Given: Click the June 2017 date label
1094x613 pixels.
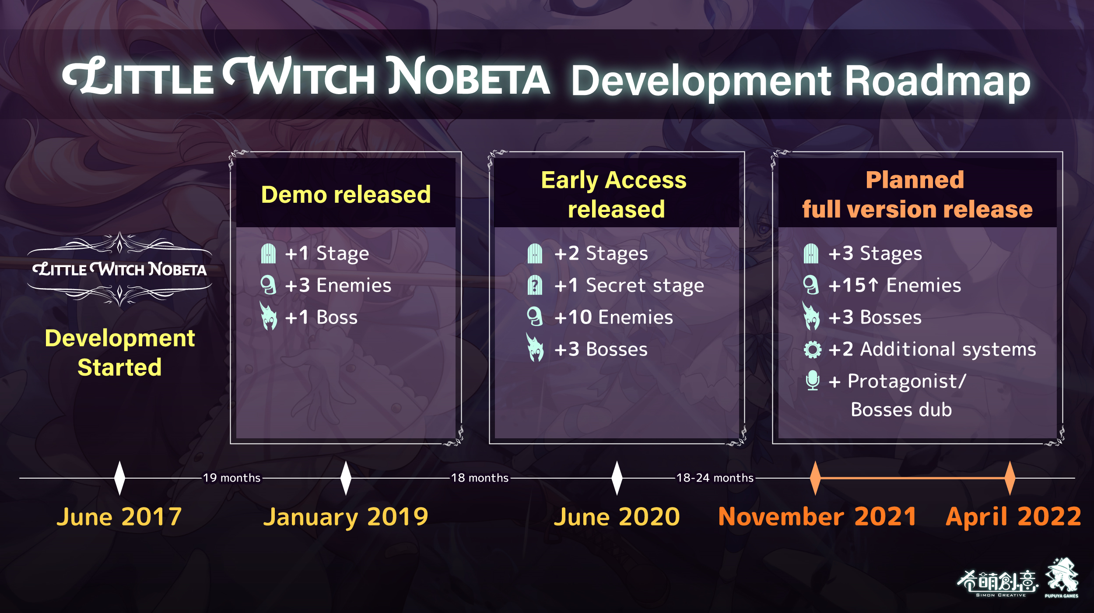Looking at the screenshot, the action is tap(119, 517).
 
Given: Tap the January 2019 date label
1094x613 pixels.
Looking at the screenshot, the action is tap(346, 518).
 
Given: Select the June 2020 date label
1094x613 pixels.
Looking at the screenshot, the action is tap(617, 517).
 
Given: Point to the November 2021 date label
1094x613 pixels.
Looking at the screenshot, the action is tap(817, 517).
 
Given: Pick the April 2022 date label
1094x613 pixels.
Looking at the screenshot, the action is tap(1013, 518).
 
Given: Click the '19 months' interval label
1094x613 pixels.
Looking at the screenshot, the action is tap(232, 478).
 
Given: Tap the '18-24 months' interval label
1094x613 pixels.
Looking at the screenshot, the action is tap(715, 478).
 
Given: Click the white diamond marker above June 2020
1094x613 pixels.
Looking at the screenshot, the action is tap(617, 478).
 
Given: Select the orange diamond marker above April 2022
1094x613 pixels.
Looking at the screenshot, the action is tap(1010, 478).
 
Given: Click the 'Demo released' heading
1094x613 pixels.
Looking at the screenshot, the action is tap(346, 194).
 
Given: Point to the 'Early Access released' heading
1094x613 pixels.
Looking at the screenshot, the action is tap(614, 194).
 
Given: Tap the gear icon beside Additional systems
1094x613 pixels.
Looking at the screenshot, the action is tap(813, 349).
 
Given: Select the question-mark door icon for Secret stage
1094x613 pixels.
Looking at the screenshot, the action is tap(535, 285).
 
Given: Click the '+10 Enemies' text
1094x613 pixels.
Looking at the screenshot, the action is tap(614, 317).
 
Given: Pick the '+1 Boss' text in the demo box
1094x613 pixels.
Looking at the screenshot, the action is tap(321, 317).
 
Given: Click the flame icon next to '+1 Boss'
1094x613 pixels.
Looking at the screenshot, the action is tap(268, 316).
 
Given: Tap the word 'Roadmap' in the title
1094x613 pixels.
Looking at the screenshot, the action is tap(937, 81).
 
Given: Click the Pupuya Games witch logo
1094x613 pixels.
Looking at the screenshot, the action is tap(1062, 577).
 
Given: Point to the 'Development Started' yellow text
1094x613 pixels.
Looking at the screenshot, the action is tap(119, 352).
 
